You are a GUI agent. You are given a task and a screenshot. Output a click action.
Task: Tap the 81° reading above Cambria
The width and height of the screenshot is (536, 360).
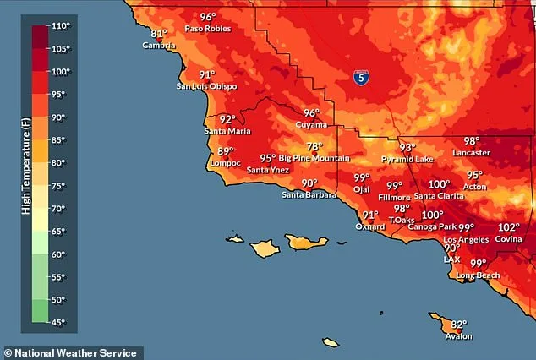pyautogui.click(x=159, y=34)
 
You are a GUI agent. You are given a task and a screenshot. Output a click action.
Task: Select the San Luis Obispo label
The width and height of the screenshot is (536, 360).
pyautogui.click(x=206, y=86)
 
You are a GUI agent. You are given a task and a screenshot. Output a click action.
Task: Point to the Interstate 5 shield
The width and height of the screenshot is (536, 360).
pyautogui.click(x=361, y=77)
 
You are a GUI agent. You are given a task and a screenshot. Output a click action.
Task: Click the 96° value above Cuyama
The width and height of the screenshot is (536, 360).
pyautogui.click(x=312, y=113)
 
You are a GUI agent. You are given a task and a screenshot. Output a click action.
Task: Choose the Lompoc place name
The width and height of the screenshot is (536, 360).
pyautogui.click(x=224, y=163)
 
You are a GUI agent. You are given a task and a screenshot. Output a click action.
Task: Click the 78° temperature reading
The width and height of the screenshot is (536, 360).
pyautogui.click(x=314, y=146)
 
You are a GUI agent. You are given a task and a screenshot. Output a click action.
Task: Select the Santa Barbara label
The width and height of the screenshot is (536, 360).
pyautogui.click(x=309, y=195)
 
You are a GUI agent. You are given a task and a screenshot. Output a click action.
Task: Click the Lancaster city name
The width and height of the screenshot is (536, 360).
pyautogui.click(x=471, y=153)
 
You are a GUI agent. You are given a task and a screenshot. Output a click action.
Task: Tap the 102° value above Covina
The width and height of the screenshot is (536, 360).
pyautogui.click(x=509, y=227)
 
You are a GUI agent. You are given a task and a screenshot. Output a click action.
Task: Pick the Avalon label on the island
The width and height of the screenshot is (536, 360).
pyautogui.click(x=458, y=336)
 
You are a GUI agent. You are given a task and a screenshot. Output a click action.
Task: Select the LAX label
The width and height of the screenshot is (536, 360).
pyautogui.click(x=452, y=259)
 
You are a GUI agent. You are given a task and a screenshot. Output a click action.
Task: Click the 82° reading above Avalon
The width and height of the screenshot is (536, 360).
pyautogui.click(x=458, y=325)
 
